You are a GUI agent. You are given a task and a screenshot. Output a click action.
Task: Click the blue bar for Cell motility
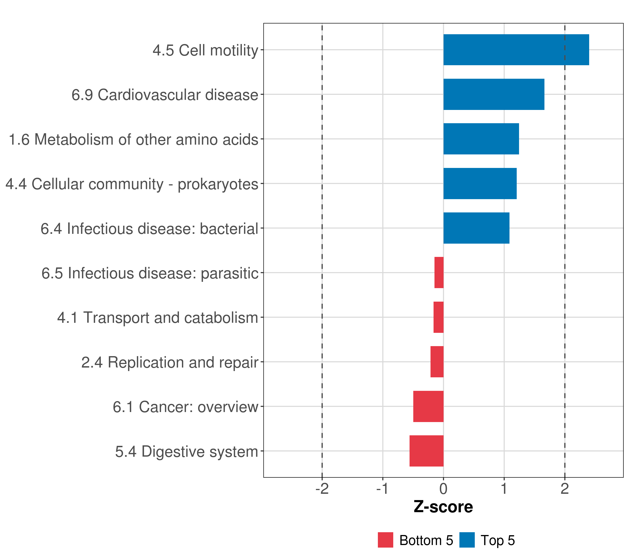pos(516,50)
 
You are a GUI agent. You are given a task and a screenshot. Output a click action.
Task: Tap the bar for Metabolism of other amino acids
pos(481,139)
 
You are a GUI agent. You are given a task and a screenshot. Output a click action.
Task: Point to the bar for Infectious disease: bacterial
pos(476,228)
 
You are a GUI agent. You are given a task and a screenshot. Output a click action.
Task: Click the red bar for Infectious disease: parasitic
pos(439,273)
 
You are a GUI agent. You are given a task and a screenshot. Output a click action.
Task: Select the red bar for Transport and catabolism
pos(438,317)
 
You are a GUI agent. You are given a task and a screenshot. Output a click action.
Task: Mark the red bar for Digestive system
pos(426,451)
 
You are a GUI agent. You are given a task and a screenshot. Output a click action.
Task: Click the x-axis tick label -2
pos(322,489)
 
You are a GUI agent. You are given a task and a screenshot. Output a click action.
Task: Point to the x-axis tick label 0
pos(443,489)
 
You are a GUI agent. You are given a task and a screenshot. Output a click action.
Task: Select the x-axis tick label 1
pos(504,489)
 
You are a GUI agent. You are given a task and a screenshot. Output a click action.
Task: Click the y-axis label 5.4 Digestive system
pos(186,452)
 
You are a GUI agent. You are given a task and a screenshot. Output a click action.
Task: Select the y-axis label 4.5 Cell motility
pos(205,50)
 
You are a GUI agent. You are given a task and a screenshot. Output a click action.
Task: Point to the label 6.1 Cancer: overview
pos(185,407)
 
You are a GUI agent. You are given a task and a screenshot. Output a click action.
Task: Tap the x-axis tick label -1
pos(383,489)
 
